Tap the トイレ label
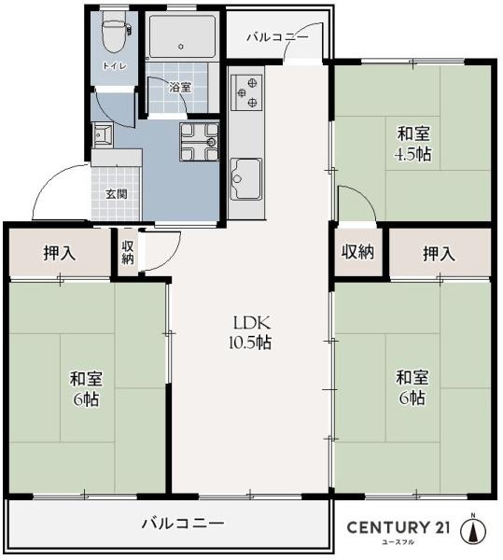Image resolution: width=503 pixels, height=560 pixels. (115, 66)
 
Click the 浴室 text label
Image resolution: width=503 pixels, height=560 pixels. (180, 88)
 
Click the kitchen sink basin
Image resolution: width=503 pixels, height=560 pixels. (246, 175)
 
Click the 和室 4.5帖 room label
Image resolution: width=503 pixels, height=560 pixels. (412, 145)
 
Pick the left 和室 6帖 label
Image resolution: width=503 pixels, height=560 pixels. (86, 389)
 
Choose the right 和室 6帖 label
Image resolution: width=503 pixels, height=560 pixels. (412, 387)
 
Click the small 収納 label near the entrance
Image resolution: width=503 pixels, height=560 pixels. (128, 251)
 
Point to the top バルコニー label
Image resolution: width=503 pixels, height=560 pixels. (277, 37)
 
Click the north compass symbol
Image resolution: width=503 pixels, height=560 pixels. (475, 529)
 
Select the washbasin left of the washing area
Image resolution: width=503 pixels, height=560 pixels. (102, 136)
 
